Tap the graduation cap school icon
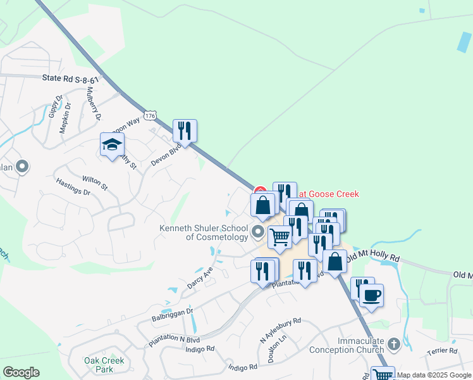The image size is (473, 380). tap(113, 144)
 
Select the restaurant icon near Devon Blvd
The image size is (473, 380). tap(185, 131)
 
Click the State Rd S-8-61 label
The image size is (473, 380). tap(71, 79)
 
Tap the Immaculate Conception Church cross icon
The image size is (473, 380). tap(393, 345)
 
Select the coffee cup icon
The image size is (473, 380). tap(372, 294)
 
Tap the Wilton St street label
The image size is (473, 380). tap(95, 183)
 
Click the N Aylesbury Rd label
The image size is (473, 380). tap(280, 331)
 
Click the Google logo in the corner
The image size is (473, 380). tap(21, 372)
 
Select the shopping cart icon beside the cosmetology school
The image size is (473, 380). tap(279, 237)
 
